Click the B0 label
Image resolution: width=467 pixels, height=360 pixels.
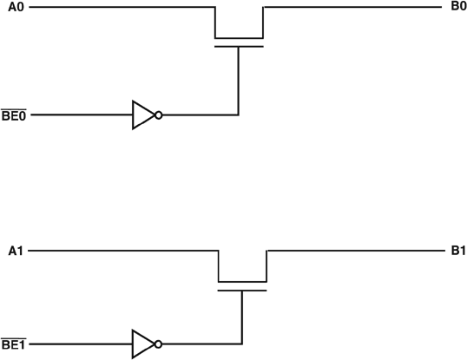point(458,7)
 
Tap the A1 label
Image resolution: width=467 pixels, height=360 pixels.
point(15,252)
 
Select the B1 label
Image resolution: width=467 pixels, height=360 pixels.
point(458,252)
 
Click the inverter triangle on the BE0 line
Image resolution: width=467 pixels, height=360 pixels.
point(142,115)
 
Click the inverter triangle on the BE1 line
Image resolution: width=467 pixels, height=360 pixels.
point(142,344)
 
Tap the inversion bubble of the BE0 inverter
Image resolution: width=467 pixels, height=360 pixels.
point(159,115)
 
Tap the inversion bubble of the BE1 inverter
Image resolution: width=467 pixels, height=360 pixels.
point(159,344)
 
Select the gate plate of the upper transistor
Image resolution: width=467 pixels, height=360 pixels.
point(239,47)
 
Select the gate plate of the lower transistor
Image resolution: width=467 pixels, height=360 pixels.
point(241,291)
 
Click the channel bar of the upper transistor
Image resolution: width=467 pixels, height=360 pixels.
point(239,38)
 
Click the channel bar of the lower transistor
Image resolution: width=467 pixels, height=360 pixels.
point(241,282)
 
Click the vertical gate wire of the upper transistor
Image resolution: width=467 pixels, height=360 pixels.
point(239,82)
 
